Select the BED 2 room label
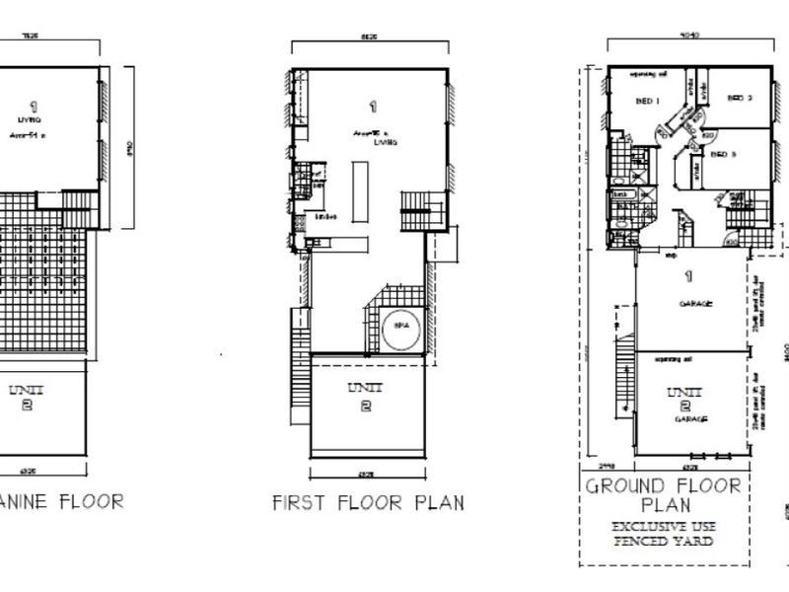point(740,98)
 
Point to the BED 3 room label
point(725,154)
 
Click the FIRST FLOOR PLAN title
point(368,503)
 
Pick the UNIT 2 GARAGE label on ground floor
point(692,406)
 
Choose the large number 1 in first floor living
point(373,106)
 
